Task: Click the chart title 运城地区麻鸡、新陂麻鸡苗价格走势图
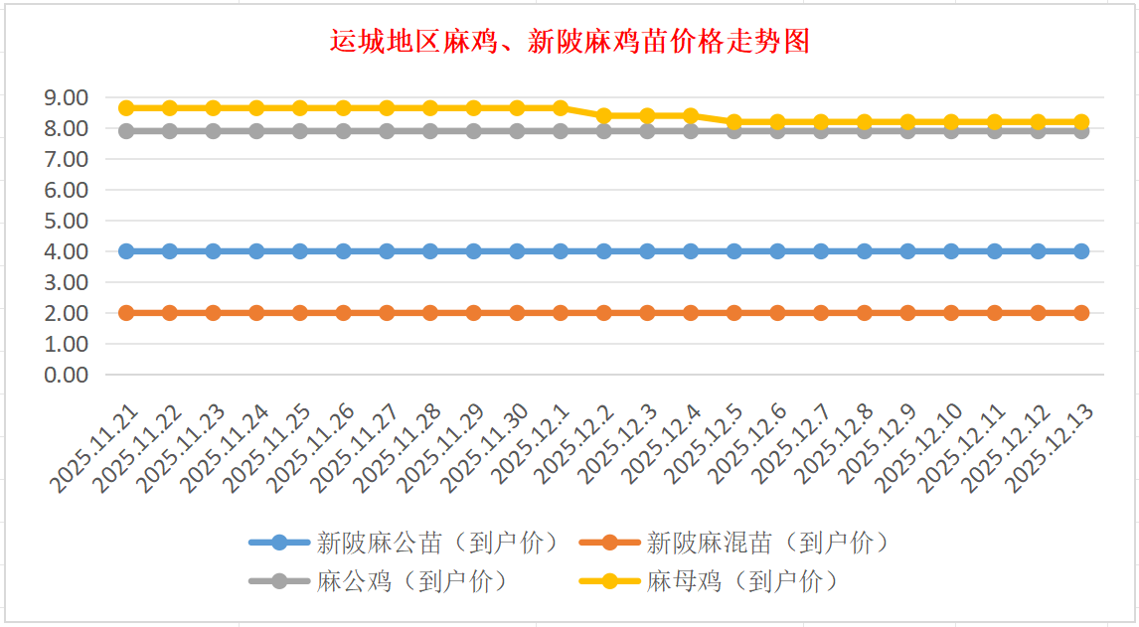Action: [569, 41]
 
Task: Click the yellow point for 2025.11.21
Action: [126, 107]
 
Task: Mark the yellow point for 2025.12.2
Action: [604, 115]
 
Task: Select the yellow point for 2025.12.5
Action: [734, 121]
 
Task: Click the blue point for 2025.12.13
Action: [1081, 251]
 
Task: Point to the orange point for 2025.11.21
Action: [126, 313]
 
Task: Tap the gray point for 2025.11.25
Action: [300, 131]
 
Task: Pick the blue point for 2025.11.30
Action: [517, 251]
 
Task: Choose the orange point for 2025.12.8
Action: [865, 313]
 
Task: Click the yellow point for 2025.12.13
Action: [1081, 121]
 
